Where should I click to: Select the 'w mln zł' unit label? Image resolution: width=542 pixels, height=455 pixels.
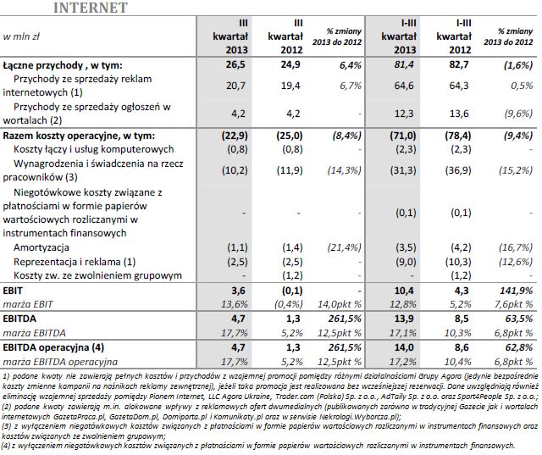[25, 37]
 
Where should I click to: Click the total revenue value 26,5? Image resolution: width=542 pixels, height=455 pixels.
[231, 64]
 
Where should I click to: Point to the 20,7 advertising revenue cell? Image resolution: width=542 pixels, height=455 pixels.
[231, 86]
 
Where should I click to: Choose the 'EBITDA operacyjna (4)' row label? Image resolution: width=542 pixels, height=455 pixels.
[56, 347]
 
